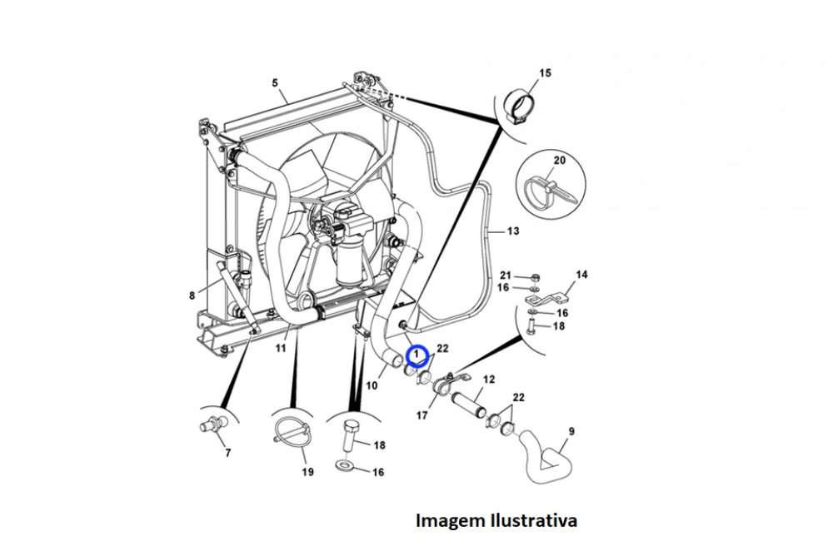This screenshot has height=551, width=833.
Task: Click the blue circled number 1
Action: tap(416, 354)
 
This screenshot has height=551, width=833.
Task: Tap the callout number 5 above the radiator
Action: tap(275, 82)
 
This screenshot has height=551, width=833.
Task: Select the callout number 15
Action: tap(545, 72)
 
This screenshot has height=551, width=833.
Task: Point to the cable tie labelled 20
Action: tap(550, 192)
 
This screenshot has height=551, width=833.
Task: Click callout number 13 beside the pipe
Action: tap(512, 231)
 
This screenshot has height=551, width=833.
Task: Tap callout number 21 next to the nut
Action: tap(506, 275)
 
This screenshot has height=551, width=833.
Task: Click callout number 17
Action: tap(421, 415)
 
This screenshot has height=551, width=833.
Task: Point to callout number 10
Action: tap(372, 385)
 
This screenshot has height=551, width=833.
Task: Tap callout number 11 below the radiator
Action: tap(281, 348)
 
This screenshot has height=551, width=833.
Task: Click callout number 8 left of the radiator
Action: tap(192, 295)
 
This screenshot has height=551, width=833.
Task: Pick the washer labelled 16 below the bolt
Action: tap(346, 467)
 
